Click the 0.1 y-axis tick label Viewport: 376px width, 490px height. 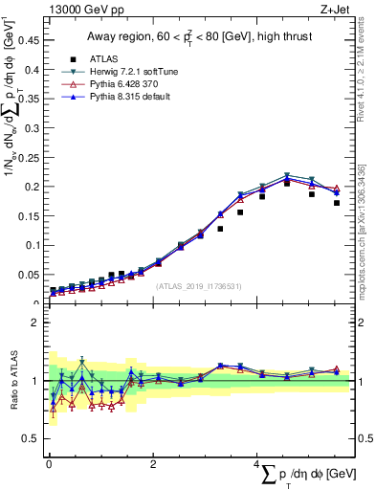pos(34,245)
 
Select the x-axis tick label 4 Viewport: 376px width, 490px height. pos(256,463)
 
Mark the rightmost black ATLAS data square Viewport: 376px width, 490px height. pos(337,203)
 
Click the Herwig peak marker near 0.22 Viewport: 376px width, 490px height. pos(286,176)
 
